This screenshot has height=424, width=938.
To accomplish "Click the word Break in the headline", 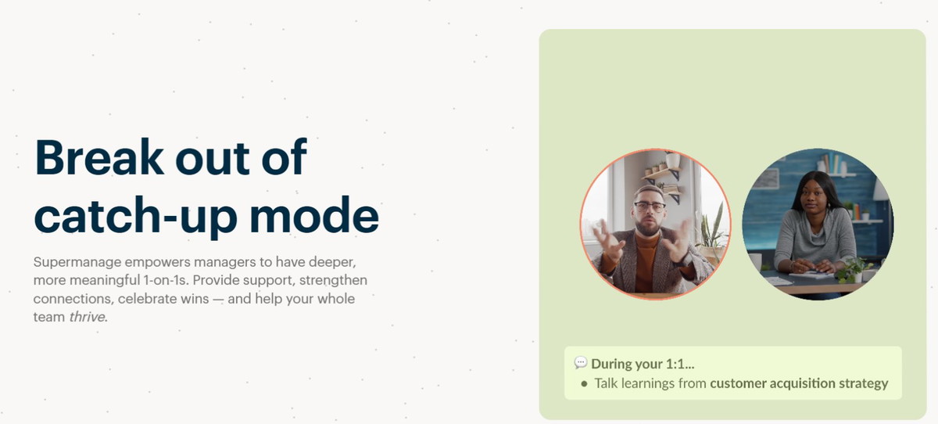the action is point(98,157).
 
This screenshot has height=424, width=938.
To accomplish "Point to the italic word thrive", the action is point(87,317).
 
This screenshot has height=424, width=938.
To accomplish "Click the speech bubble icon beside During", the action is point(581,362).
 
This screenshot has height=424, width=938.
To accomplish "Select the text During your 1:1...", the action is point(643,364).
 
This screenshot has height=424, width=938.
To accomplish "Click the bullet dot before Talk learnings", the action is point(584,383).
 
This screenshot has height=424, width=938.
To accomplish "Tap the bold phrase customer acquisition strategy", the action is point(799,384).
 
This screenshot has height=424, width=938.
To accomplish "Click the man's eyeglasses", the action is point(650,207).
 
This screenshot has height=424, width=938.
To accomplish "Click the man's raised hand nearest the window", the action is point(607,242).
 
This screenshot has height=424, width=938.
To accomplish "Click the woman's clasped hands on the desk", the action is point(807,267).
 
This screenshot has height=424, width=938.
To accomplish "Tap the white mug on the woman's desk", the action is point(756,262).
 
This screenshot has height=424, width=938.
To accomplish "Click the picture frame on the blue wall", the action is point(766,179).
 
